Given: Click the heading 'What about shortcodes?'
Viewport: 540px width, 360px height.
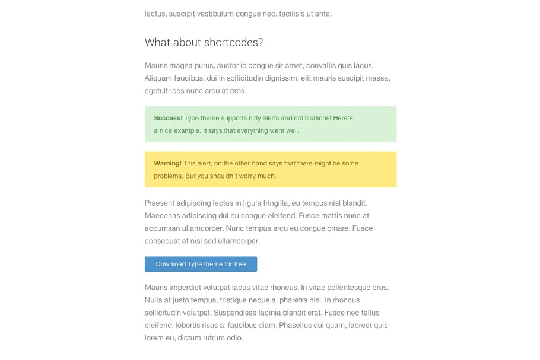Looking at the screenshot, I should [x=204, y=43].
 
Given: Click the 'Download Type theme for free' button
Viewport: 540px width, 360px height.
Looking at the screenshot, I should [x=201, y=264].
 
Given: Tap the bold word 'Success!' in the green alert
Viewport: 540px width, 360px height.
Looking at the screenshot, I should [x=168, y=118].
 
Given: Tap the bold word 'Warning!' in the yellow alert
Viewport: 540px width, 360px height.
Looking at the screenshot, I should [x=167, y=163].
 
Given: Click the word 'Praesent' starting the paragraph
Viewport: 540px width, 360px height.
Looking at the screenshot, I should [x=160, y=203].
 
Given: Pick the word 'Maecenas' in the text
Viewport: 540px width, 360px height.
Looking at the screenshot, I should [x=161, y=216].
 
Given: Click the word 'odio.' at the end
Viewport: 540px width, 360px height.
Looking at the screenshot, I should [x=234, y=338].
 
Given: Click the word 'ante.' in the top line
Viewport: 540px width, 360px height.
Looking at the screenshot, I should [x=323, y=14].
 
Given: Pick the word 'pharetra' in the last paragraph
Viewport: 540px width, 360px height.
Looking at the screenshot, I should [x=293, y=300].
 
